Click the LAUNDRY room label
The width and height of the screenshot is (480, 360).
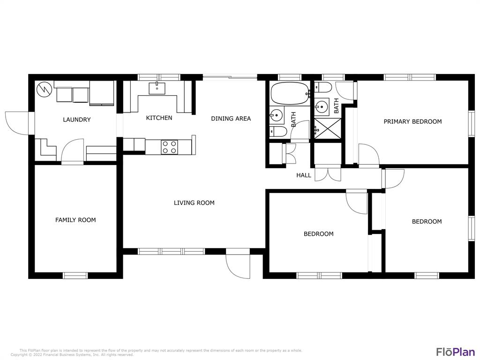pyautogui.click(x=76, y=120)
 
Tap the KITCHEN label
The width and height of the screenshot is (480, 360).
pyautogui.click(x=159, y=118)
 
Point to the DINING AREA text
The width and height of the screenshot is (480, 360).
pyautogui.click(x=231, y=119)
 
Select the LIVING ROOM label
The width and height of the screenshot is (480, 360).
pyautogui.click(x=194, y=202)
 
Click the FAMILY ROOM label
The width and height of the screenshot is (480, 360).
pyautogui.click(x=75, y=220)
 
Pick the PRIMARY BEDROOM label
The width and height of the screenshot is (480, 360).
pyautogui.click(x=412, y=121)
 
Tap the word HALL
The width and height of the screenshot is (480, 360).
pyautogui.click(x=304, y=175)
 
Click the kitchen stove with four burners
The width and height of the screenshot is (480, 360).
pyautogui.click(x=169, y=147)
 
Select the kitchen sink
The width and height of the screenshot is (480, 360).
pyautogui.click(x=157, y=89)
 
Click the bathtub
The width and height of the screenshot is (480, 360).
pyautogui.click(x=290, y=93)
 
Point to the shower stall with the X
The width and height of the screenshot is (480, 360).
pyautogui.click(x=328, y=128)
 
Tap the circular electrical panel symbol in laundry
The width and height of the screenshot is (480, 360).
pyautogui.click(x=42, y=89)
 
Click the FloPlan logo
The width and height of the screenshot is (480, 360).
pyautogui.click(x=456, y=352)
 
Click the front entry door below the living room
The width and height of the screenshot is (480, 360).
pyautogui.click(x=238, y=266)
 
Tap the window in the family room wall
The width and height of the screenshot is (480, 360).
pyautogui.click(x=75, y=276)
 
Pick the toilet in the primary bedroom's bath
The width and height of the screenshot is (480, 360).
pyautogui.click(x=323, y=88)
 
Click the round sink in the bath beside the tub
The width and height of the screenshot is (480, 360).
pyautogui.click(x=277, y=115)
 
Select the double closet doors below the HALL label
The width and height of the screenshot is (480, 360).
pyautogui.click(x=328, y=174)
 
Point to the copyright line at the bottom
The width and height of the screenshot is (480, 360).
pyautogui.click(x=72, y=355)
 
